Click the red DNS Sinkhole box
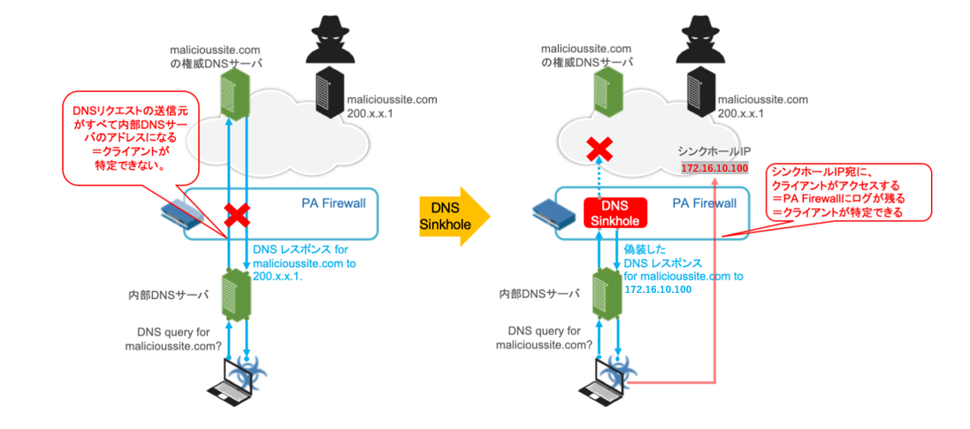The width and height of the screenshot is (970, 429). pyautogui.click(x=616, y=211)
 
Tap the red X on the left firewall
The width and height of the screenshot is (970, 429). pyautogui.click(x=236, y=214)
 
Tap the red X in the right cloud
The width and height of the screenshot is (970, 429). pyautogui.click(x=601, y=147)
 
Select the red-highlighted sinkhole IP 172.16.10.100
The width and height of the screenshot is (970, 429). pyautogui.click(x=715, y=168)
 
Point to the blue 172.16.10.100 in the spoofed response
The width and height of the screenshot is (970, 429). pyautogui.click(x=658, y=289)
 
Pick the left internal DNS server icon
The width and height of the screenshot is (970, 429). pyautogui.click(x=236, y=292)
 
